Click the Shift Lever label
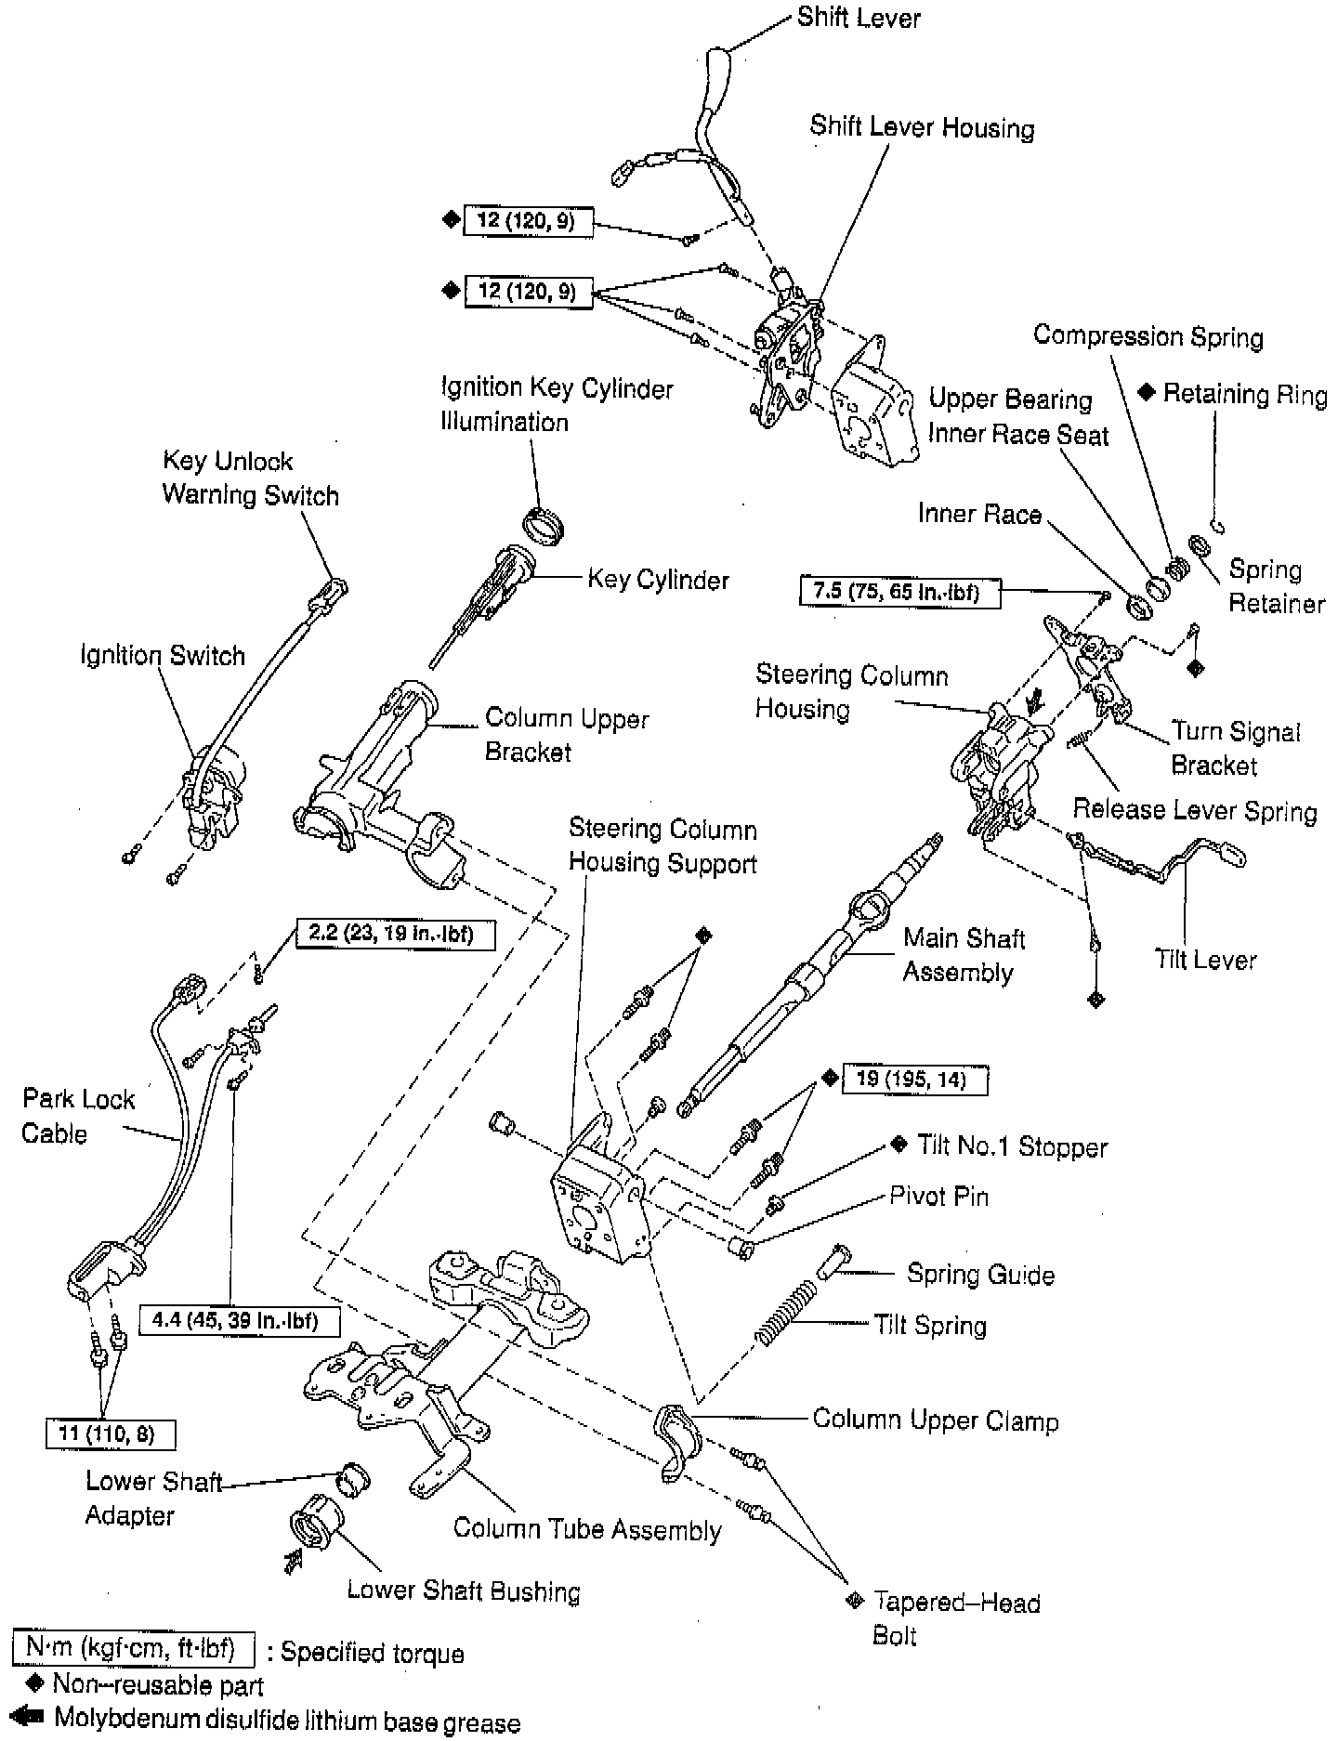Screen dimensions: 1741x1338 [858, 18]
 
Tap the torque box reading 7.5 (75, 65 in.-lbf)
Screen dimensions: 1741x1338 [899, 591]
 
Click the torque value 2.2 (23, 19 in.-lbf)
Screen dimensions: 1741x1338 [395, 934]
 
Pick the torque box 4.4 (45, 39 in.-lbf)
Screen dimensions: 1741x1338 [240, 1320]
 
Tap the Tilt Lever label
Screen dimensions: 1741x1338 [1205, 959]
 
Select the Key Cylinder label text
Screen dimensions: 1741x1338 [658, 580]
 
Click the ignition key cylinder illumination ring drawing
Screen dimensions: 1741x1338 [545, 529]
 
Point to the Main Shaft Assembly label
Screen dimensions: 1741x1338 [963, 955]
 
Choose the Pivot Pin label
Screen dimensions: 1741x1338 [938, 1196]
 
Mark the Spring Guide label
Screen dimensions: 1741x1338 [980, 1274]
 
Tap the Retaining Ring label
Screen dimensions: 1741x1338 [1244, 395]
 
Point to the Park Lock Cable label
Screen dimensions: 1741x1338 [78, 1116]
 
